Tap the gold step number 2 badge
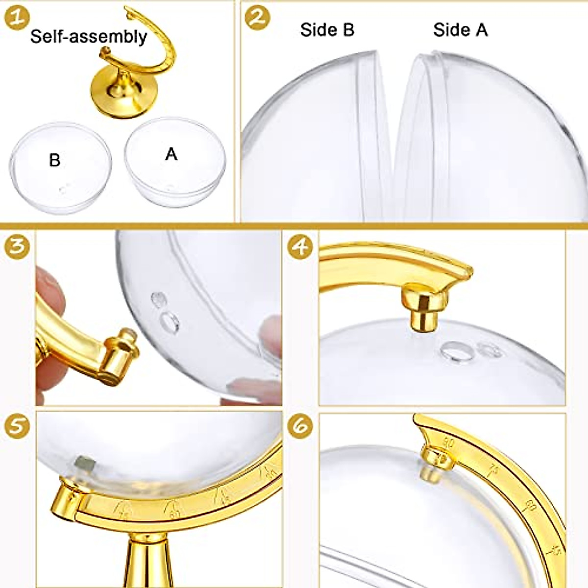click(258, 18)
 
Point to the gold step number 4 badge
click(300, 246)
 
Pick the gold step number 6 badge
click(300, 426)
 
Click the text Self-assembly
click(88, 36)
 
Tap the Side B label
click(327, 29)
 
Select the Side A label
click(460, 29)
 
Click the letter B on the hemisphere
click(54, 160)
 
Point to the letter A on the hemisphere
click(171, 154)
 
